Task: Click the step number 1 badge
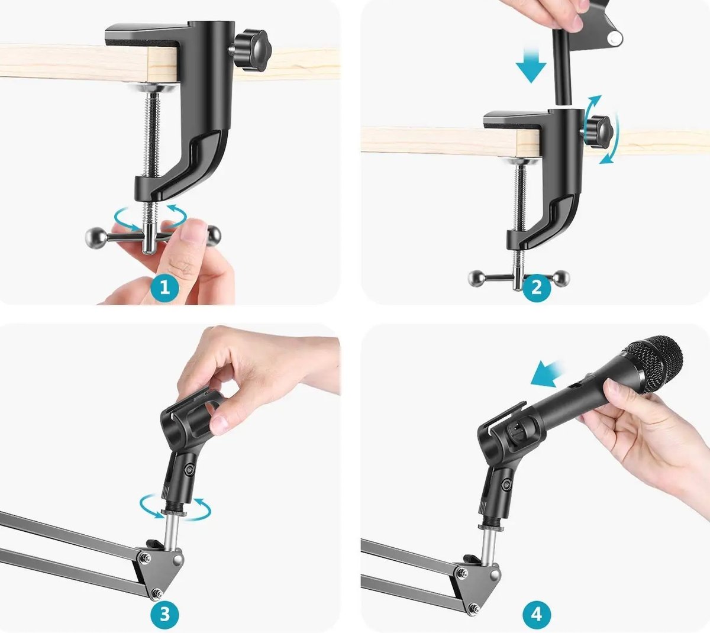164,288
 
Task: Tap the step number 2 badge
537,288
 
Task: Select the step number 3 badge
164,615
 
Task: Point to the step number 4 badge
537,615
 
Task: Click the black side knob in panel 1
252,50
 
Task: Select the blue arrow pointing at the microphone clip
546,374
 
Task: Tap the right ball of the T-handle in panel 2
561,278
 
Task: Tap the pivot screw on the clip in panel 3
190,469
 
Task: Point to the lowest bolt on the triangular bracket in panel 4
474,608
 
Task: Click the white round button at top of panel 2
615,37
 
